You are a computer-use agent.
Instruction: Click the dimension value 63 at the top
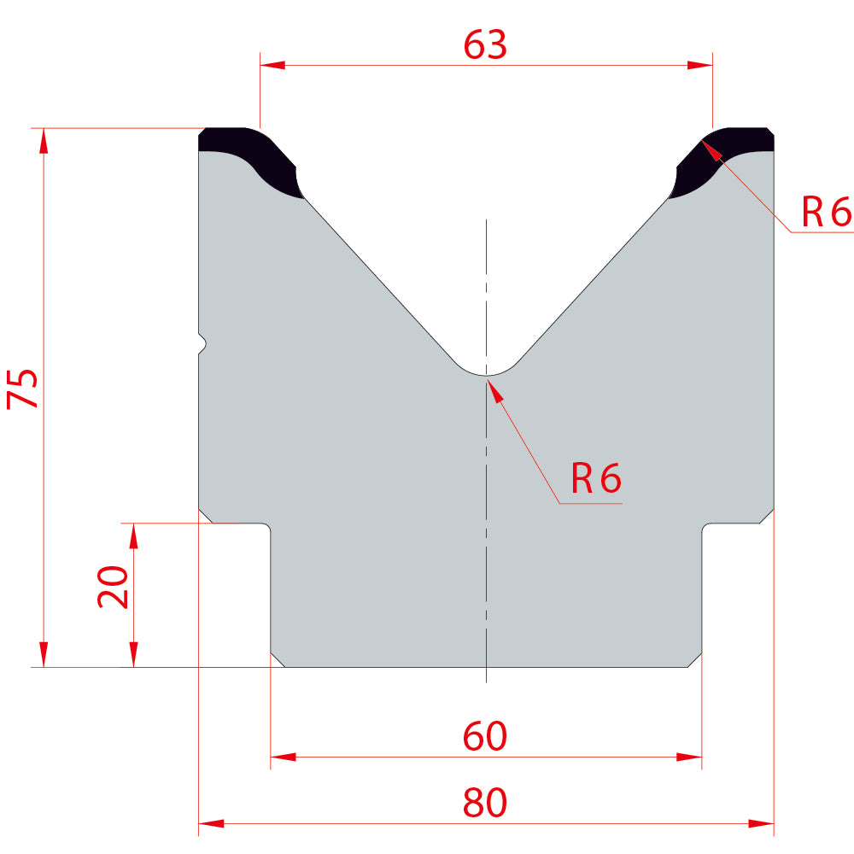click(485, 44)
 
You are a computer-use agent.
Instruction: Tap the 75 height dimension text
click(22, 389)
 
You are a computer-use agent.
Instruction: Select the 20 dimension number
click(113, 587)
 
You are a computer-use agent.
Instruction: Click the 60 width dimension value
click(485, 736)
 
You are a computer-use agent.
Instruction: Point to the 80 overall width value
click(485, 802)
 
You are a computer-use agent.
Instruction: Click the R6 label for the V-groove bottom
click(596, 478)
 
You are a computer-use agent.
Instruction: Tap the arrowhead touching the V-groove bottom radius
click(494, 389)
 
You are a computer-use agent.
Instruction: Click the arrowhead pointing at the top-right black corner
click(712, 150)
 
